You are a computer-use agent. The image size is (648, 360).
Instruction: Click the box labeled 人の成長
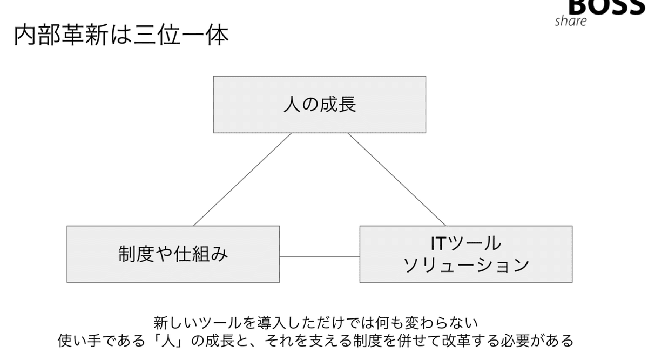pos(319,104)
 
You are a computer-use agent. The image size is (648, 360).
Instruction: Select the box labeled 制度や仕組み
pos(173,254)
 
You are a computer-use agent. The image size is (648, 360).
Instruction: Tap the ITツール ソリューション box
pos(465,254)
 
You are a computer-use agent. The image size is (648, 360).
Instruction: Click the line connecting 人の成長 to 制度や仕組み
pos(242,179)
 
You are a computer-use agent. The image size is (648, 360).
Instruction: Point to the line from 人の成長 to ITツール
pos(397,179)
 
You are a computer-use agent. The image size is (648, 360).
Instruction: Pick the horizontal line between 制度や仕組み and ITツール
pos(319,257)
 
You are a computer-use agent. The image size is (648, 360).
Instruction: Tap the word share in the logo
pos(570,21)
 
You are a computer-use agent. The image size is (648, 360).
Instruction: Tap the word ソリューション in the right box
pos(465,265)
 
